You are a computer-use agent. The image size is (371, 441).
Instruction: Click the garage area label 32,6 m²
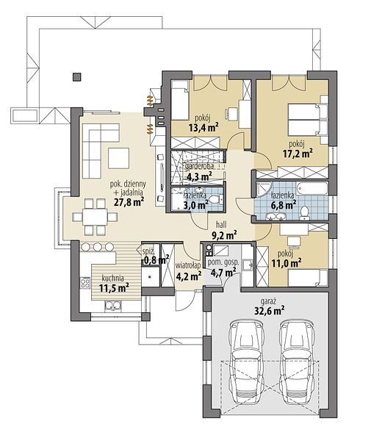pyautogui.click(x=268, y=311)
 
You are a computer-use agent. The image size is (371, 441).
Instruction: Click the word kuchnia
pyautogui.click(x=112, y=279)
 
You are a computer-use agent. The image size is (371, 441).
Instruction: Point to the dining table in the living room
pyautogui.click(x=95, y=217)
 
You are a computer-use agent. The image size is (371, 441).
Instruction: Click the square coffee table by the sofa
pyautogui.click(x=118, y=158)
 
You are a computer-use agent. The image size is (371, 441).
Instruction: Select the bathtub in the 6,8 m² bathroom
pyautogui.click(x=312, y=188)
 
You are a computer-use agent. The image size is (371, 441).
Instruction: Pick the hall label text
pyautogui.click(x=221, y=225)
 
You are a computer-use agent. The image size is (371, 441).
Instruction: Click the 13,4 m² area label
pyautogui.click(x=203, y=128)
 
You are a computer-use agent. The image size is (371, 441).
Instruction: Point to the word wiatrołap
pyautogui.click(x=188, y=266)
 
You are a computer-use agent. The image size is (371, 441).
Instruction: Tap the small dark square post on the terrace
pyautogui.click(x=77, y=76)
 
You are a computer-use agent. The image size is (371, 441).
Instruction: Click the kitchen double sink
pyautogui.click(x=113, y=306)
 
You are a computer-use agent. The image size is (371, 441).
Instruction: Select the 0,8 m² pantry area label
pyautogui.click(x=156, y=260)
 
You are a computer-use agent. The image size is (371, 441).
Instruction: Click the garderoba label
pyautogui.click(x=199, y=166)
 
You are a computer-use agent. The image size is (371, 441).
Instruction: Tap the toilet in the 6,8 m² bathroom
pyautogui.click(x=304, y=212)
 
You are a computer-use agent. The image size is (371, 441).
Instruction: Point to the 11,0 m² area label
pyautogui.click(x=286, y=263)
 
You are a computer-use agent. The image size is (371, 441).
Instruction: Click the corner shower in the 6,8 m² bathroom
pyautogui.click(x=264, y=190)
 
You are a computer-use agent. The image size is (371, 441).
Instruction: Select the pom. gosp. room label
pyautogui.click(x=223, y=262)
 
